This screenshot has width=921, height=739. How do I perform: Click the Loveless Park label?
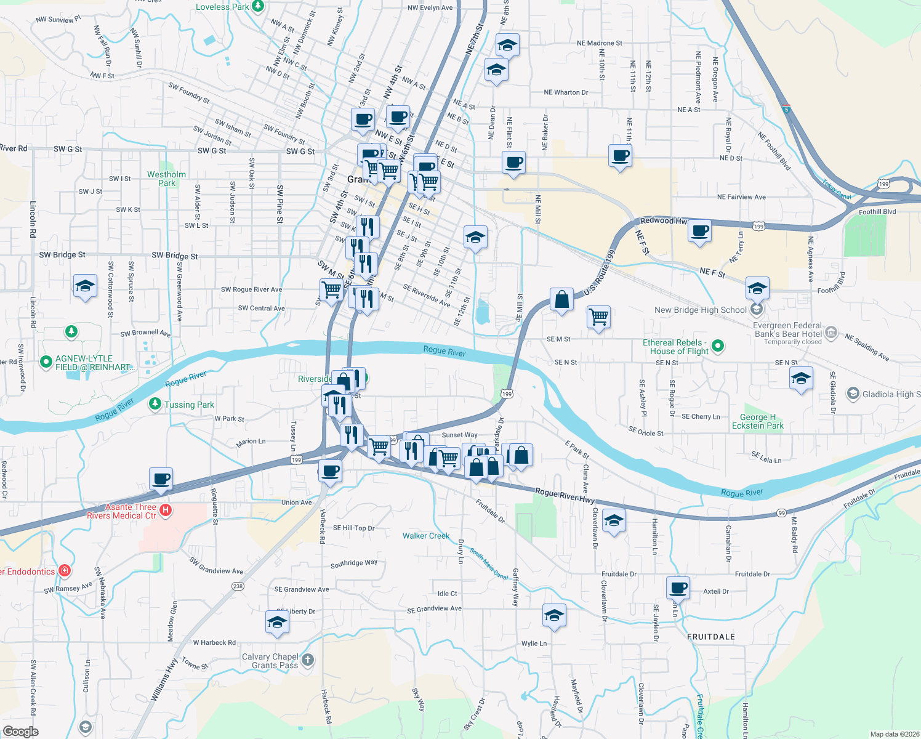tap(222, 7)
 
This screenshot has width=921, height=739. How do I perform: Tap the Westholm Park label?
tap(166, 179)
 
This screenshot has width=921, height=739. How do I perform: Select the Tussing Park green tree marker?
tap(155, 405)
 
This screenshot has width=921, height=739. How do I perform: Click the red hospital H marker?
tap(165, 510)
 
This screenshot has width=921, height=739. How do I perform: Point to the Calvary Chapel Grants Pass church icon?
tap(308, 660)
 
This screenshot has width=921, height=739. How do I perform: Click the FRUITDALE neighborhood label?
tap(711, 637)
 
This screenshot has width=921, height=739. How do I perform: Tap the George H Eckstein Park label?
tap(758, 421)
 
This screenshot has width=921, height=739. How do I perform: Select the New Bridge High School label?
tap(701, 310)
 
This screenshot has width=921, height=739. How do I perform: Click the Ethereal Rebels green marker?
tap(717, 347)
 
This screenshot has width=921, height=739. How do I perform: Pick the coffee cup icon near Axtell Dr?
tap(678, 587)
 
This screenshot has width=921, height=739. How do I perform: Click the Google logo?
tap(20, 731)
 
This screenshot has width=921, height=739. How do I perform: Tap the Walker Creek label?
tap(426, 536)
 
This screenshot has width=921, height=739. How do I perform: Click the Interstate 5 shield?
tap(786, 110)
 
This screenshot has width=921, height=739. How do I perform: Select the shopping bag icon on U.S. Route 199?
tap(561, 300)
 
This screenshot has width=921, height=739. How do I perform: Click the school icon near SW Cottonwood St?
tap(85, 286)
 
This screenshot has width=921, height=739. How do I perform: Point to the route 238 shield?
tap(238, 586)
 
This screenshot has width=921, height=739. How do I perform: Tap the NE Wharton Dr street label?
tap(566, 92)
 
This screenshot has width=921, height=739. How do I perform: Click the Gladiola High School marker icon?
tap(853, 394)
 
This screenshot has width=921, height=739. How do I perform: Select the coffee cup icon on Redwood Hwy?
tap(699, 232)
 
